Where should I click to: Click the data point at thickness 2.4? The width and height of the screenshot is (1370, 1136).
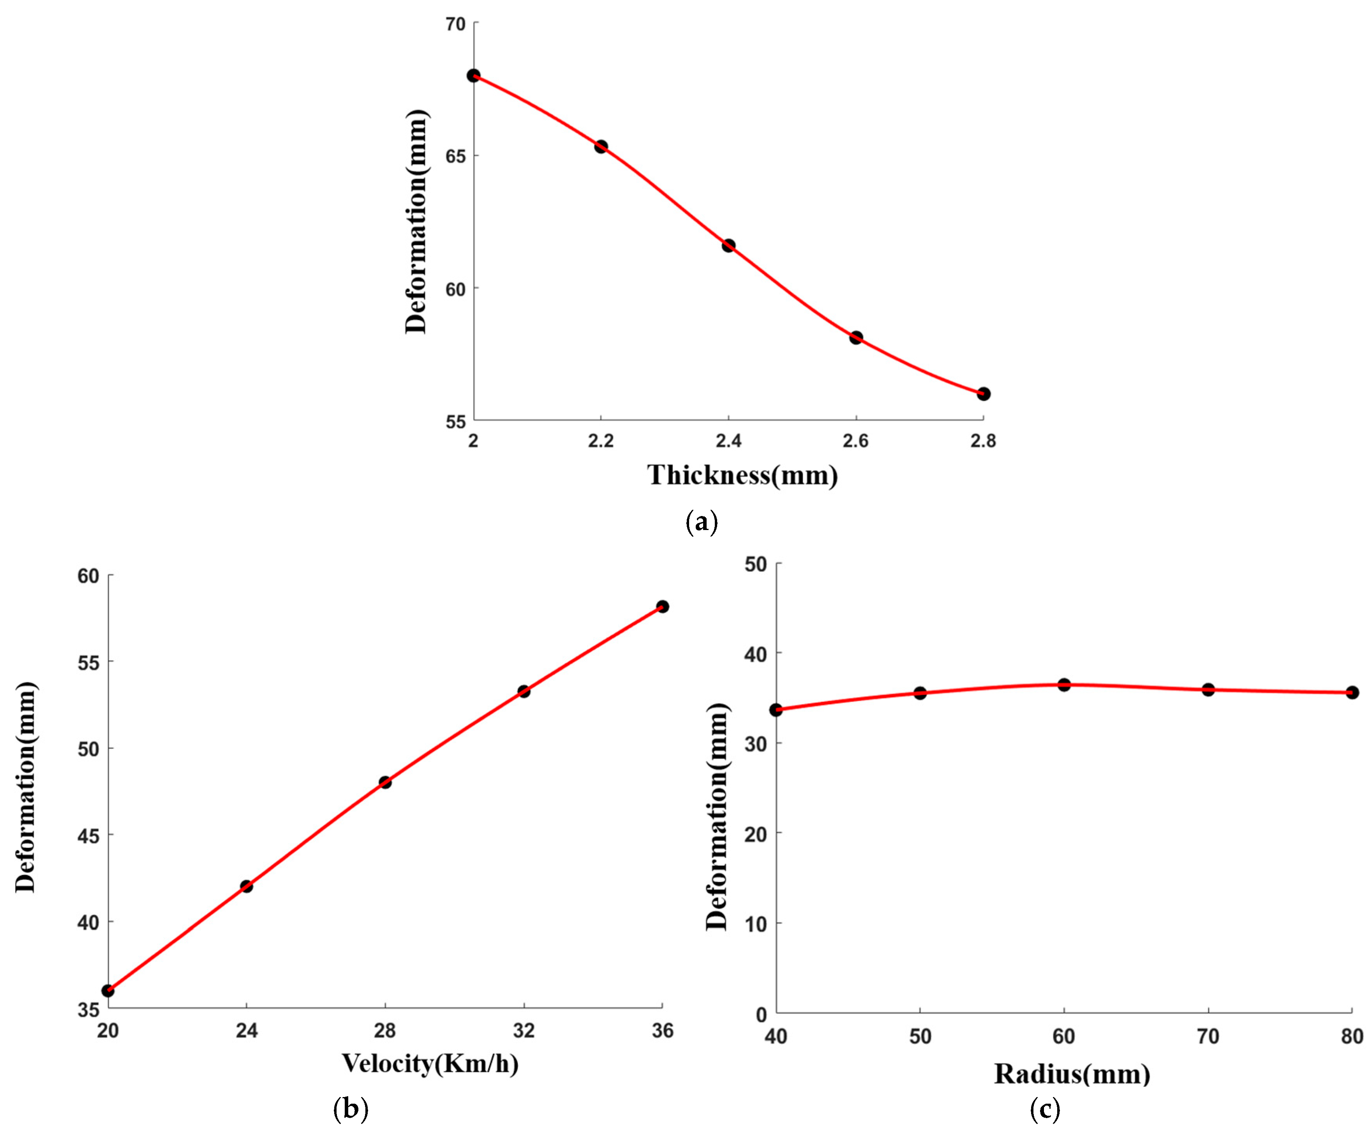[x=728, y=245]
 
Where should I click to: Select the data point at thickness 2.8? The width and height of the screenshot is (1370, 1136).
[x=983, y=394]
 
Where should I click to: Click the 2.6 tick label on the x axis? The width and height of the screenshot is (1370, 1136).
[x=855, y=442]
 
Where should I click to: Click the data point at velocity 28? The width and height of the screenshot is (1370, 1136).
[x=385, y=782]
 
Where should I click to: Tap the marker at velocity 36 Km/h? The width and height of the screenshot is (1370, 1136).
[x=662, y=606]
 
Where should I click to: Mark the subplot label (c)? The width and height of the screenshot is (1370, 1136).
[x=1044, y=1109]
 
